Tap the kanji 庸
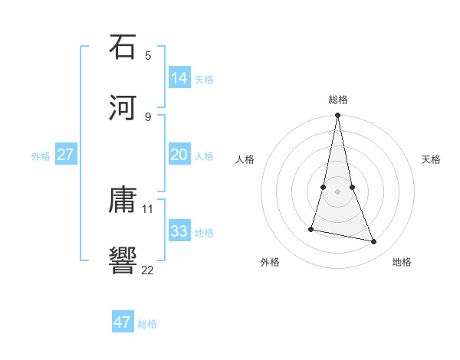(x=123, y=200)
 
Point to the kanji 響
(x=123, y=260)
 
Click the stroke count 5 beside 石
(x=148, y=55)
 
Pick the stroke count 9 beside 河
(x=148, y=116)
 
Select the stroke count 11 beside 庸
(x=148, y=208)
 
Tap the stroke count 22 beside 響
(x=148, y=269)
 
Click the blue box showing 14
(x=179, y=77)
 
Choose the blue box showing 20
(x=179, y=155)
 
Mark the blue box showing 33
(x=179, y=231)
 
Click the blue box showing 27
(x=66, y=155)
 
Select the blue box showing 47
(x=123, y=322)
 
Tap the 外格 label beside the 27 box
(x=41, y=156)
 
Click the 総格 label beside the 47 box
(x=147, y=324)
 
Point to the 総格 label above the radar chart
(x=338, y=100)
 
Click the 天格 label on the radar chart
(x=432, y=159)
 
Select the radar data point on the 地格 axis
(x=374, y=242)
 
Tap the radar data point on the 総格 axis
(x=338, y=116)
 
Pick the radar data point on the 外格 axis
(x=311, y=229)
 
